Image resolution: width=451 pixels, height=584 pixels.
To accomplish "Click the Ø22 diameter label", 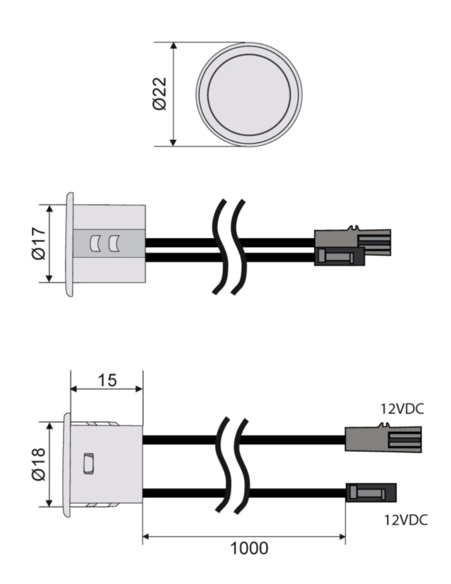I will (x=160, y=94).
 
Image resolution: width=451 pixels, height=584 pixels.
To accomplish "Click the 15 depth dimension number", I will (x=107, y=380).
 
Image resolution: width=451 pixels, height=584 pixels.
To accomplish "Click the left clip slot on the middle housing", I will (x=94, y=244).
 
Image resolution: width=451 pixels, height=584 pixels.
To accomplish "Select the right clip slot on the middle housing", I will (x=114, y=244).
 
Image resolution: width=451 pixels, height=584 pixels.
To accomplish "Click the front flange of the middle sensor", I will (x=69, y=244).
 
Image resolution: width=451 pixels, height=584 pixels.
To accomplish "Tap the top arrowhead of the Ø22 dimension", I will (x=174, y=46).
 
